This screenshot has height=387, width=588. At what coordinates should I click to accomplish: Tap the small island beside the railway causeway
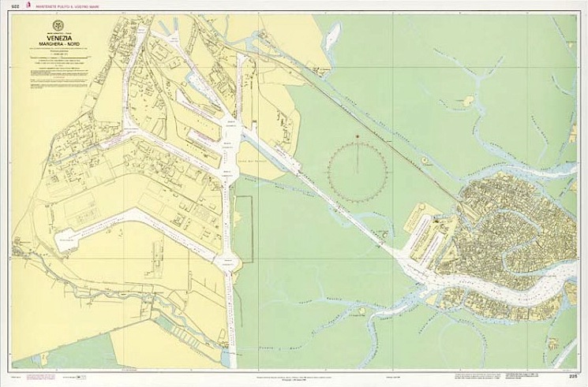pos(425,160)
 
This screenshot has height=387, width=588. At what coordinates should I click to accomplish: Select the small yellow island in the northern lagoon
pos(469,101)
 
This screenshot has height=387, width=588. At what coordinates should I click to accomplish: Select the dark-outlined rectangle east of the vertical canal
pos(245,229)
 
